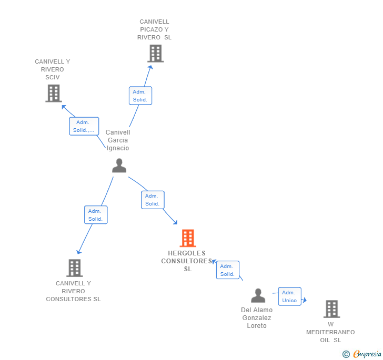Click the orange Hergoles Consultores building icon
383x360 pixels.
coord(188,238)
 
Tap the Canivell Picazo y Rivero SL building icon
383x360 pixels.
coord(155,54)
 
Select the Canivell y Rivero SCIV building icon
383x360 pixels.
coord(54,93)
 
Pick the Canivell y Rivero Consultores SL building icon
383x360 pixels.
coord(74,268)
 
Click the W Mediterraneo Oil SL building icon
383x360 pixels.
coord(331,309)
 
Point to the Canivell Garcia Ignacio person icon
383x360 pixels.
coord(119,166)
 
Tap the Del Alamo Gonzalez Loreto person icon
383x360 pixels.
coord(258,296)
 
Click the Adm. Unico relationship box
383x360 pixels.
coord(289,296)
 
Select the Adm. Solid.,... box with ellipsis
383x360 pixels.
coord(84,126)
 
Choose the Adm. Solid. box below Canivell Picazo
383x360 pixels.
coord(140,96)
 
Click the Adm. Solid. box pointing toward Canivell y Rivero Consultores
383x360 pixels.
coord(95,215)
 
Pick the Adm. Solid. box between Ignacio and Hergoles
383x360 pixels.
coord(153,200)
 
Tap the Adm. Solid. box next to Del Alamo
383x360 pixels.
coord(227,270)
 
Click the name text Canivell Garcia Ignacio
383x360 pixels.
coord(118,140)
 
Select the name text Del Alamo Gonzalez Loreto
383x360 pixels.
coord(257,318)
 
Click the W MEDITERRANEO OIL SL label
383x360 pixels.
coord(330,332)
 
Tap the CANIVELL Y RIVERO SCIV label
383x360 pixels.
coord(53,69)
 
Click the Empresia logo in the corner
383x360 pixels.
coord(362,354)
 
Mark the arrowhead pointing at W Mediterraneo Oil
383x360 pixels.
coord(304,301)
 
